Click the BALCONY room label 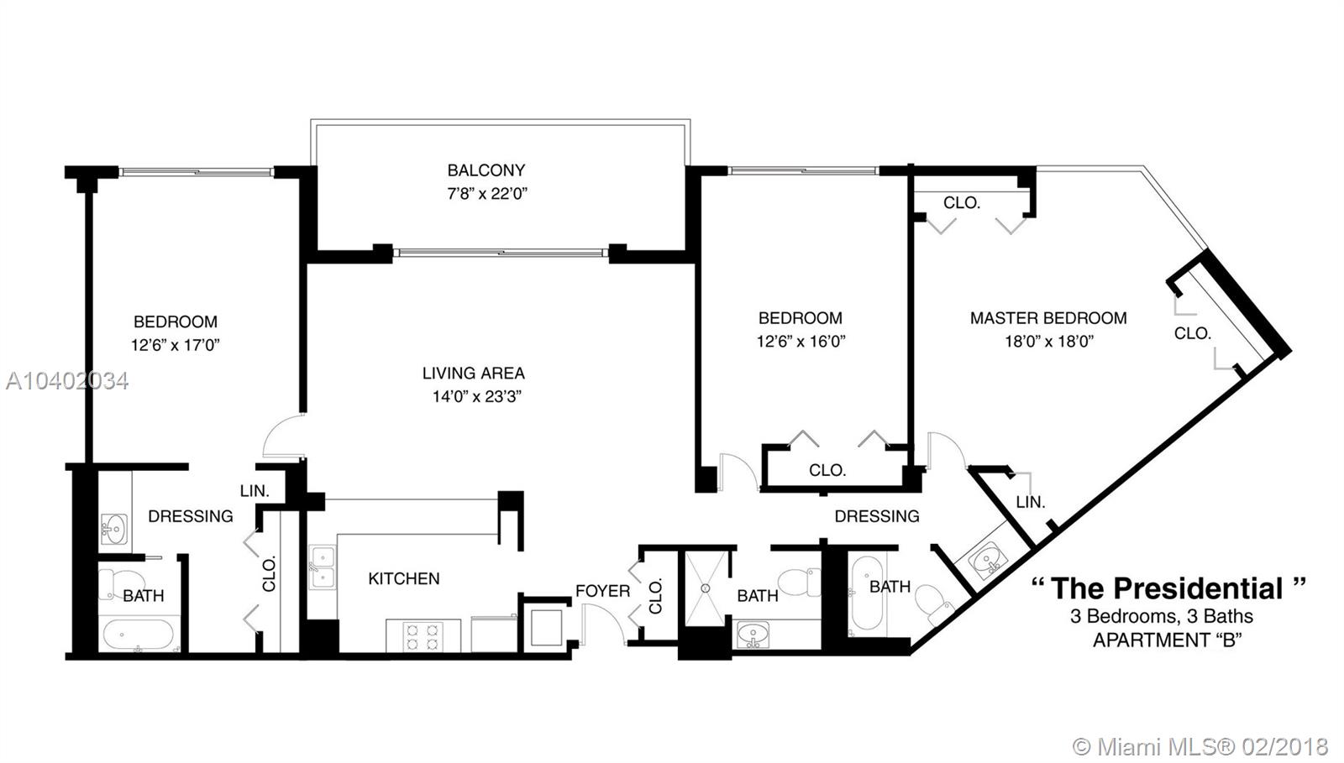(x=486, y=170)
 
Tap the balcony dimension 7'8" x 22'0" (x=487, y=194)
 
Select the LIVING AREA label (x=474, y=374)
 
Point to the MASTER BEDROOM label (x=1048, y=318)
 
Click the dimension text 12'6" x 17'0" (x=176, y=345)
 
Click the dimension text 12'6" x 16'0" (x=801, y=342)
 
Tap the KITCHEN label (x=404, y=579)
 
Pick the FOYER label (x=602, y=592)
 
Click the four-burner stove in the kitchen (x=423, y=636)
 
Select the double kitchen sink (x=323, y=567)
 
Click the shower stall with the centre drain (x=706, y=588)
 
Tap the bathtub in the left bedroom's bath (x=139, y=635)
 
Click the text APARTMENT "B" (x=1167, y=640)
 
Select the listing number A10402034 (x=67, y=381)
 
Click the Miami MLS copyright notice (x=1200, y=746)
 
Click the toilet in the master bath (x=936, y=604)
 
